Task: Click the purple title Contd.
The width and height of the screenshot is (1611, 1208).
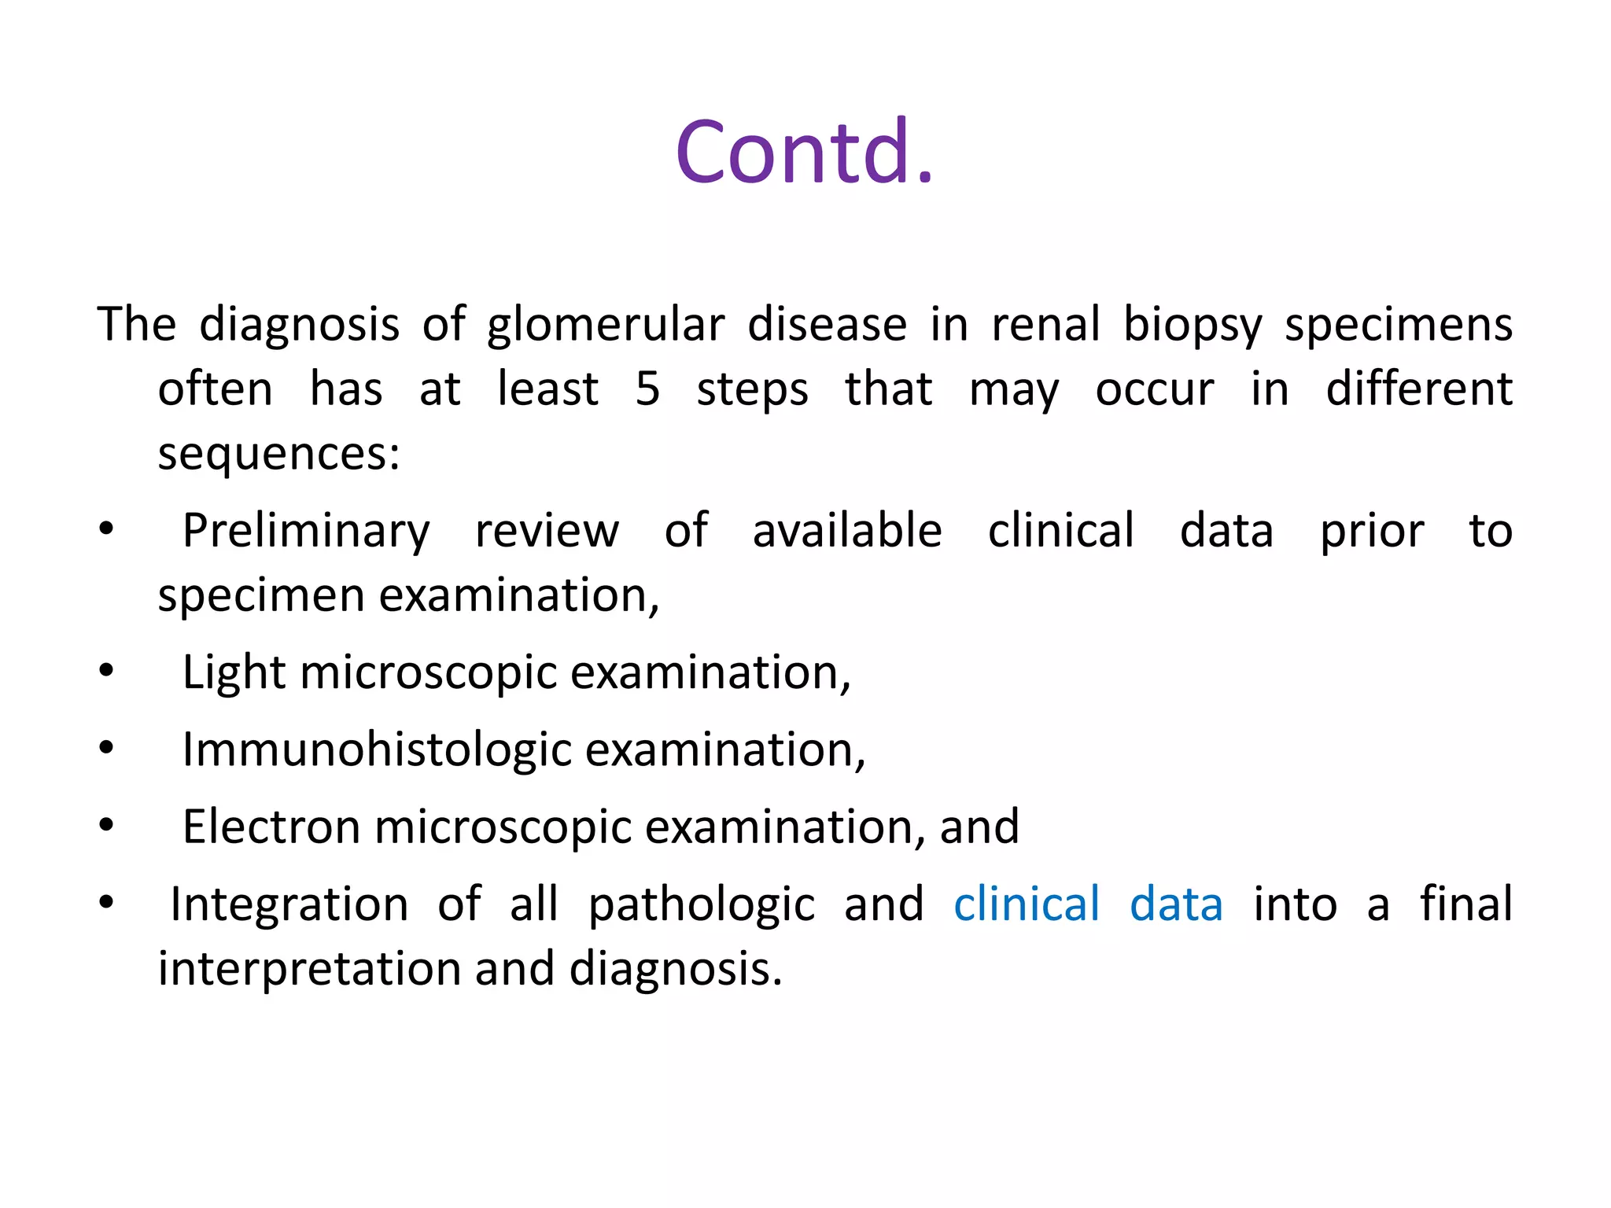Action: pyautogui.click(x=804, y=152)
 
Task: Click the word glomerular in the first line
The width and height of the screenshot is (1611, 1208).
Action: pyautogui.click(x=605, y=325)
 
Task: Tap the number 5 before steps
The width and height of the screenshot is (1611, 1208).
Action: pyautogui.click(x=647, y=389)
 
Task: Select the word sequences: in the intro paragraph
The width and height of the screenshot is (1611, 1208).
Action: pyautogui.click(x=279, y=454)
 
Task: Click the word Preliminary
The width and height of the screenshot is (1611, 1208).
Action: pyautogui.click(x=306, y=531)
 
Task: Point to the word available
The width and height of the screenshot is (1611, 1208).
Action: pyautogui.click(x=847, y=531)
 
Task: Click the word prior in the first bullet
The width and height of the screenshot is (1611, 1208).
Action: pyautogui.click(x=1372, y=531)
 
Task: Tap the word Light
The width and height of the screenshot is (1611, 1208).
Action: pyautogui.click(x=234, y=673)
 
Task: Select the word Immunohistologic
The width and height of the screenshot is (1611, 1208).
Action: pyautogui.click(x=377, y=750)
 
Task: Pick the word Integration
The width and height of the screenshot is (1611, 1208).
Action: pyautogui.click(x=289, y=904)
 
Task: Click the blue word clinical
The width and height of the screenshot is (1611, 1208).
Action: pyautogui.click(x=1027, y=904)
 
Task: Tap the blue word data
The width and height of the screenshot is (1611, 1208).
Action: pyautogui.click(x=1176, y=904)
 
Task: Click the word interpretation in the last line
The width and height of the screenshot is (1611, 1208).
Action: pyautogui.click(x=309, y=969)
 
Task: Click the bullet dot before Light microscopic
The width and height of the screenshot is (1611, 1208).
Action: pyautogui.click(x=106, y=671)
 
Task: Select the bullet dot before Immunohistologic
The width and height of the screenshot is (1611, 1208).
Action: pyautogui.click(x=106, y=748)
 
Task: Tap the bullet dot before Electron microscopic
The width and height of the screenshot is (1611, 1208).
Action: pyautogui.click(x=106, y=825)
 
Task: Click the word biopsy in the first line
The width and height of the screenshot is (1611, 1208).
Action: pyautogui.click(x=1193, y=325)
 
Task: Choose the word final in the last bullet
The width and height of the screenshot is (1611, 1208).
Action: pyautogui.click(x=1466, y=904)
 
